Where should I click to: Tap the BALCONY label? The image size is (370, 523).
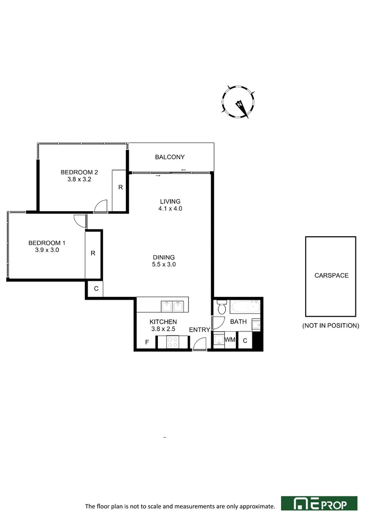pyautogui.click(x=170, y=157)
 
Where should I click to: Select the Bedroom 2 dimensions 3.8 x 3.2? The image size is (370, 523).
pyautogui.click(x=79, y=179)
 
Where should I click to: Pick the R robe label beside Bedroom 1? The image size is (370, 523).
pyautogui.click(x=93, y=252)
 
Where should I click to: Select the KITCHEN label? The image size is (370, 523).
pyautogui.click(x=163, y=322)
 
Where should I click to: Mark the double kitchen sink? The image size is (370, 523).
pyautogui.click(x=172, y=306)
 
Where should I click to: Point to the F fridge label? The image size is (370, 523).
pyautogui.click(x=147, y=343)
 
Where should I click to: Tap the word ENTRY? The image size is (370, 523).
pyautogui.click(x=200, y=330)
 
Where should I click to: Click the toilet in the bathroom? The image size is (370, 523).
pyautogui.click(x=221, y=307)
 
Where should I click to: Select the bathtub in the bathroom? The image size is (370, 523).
pyautogui.click(x=245, y=306)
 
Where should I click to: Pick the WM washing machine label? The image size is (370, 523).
pyautogui.click(x=230, y=340)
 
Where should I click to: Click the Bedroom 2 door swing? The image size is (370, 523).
pyautogui.click(x=101, y=207)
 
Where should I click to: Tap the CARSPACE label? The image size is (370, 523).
pyautogui.click(x=331, y=275)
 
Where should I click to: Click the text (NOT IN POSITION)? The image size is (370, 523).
pyautogui.click(x=331, y=325)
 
